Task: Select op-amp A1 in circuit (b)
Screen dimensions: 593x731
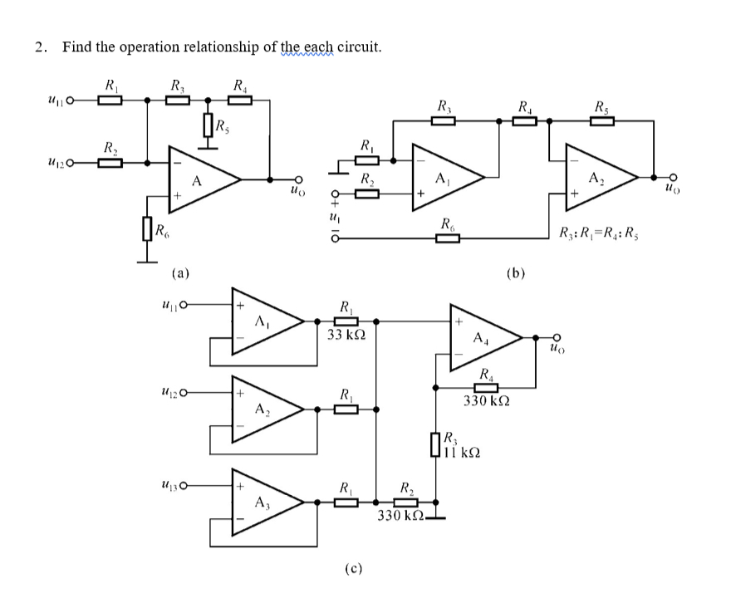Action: (x=444, y=175)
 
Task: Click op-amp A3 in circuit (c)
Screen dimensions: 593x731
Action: (x=262, y=501)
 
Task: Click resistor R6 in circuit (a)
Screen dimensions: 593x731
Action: (x=147, y=229)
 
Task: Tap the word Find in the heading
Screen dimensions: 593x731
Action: (x=76, y=47)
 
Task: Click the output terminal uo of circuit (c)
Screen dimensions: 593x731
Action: (x=556, y=338)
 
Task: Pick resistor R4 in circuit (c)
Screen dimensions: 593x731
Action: (x=486, y=387)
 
